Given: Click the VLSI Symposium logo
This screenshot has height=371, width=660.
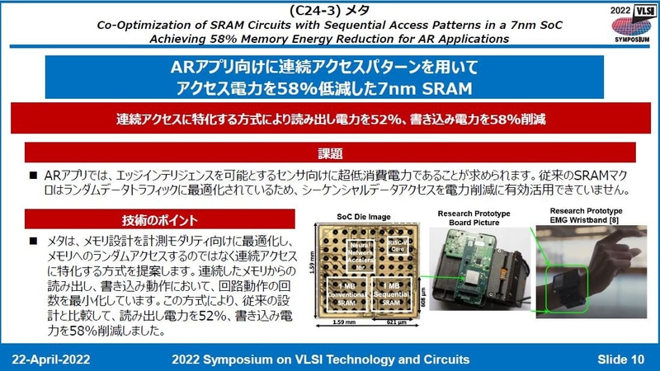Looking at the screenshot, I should click(629, 24).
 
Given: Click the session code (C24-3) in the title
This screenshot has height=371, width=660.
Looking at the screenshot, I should click(296, 9).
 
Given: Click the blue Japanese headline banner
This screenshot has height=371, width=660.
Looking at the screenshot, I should click(330, 79).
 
